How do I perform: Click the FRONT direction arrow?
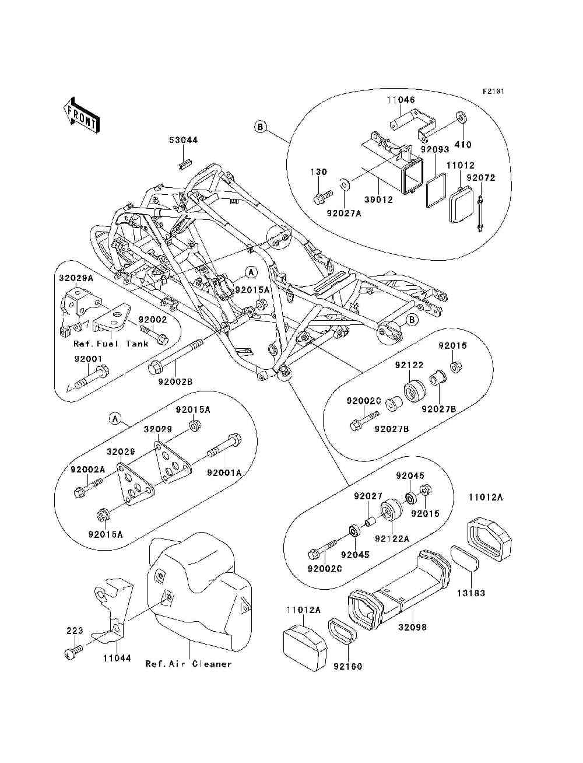[81, 115]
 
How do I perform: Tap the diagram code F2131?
[493, 92]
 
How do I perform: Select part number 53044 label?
[184, 140]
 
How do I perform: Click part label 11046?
[401, 100]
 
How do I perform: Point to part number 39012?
[378, 200]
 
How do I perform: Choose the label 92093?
[435, 149]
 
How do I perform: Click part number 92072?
[481, 178]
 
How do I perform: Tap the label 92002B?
[175, 381]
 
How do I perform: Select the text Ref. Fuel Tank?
[111, 344]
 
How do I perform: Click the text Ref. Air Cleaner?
[188, 664]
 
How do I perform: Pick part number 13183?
[471, 593]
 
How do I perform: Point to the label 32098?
[412, 628]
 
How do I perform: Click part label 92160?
[348, 666]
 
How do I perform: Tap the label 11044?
[117, 658]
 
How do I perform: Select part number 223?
[75, 631]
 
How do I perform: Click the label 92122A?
[392, 539]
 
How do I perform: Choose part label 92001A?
[224, 473]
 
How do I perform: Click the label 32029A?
[76, 278]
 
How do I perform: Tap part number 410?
[463, 145]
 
